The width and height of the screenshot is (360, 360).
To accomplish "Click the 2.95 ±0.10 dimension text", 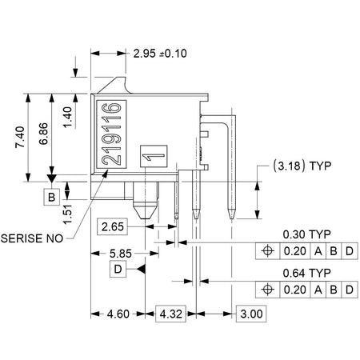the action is (160, 54).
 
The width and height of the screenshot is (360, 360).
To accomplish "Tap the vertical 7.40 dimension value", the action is (20, 137).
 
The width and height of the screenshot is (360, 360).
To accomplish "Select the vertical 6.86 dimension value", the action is (43, 134).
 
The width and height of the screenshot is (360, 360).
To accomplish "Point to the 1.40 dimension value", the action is (67, 118).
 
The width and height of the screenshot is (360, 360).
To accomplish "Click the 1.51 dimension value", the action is (67, 214).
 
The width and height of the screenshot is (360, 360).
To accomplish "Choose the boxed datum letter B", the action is (51, 197).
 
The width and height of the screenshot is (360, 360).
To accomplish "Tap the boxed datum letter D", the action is (118, 270).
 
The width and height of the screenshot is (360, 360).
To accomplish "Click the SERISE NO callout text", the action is (32, 238).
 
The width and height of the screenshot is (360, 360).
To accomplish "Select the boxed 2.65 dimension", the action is (113, 226).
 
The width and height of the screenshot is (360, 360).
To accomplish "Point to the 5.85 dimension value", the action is (121, 254).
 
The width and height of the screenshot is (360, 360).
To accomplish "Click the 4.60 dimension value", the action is (118, 314).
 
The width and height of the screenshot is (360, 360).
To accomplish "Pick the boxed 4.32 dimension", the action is (170, 314).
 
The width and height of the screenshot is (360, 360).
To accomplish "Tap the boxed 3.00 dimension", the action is (251, 314).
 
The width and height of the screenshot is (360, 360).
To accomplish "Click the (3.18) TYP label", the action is (302, 166).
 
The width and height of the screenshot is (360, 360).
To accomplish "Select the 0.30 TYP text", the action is (306, 234).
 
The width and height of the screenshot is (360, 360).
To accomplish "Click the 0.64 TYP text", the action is (306, 273).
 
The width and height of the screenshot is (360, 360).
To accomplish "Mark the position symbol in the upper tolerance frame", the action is (267, 251).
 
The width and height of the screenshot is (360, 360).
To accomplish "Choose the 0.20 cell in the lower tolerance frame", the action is (295, 290).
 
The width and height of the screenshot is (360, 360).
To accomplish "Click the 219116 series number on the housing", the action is (111, 134).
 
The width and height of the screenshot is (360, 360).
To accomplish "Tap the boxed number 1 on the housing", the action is (154, 156).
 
